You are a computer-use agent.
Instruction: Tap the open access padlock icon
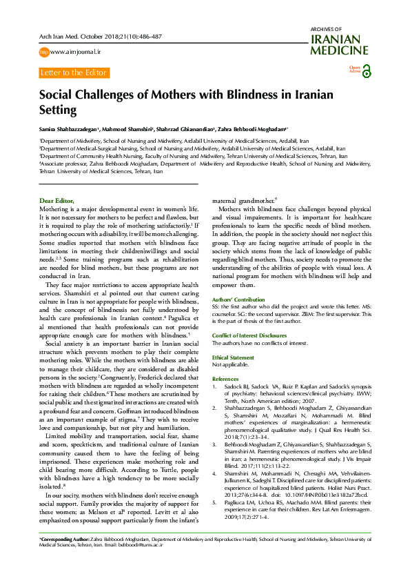[366, 71]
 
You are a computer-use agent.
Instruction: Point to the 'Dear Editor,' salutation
[57, 200]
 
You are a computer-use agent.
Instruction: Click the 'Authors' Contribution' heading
[238, 299]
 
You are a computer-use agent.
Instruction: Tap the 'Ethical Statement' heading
[233, 357]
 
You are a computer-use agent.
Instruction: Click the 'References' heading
[225, 380]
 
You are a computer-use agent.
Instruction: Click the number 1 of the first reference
[215, 387]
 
